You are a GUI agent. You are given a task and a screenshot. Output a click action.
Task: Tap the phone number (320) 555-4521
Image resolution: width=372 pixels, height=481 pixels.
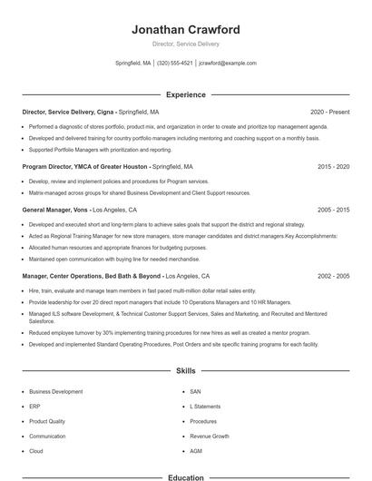tap(175, 64)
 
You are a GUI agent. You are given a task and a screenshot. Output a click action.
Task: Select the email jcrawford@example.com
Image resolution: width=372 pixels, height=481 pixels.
tap(228, 64)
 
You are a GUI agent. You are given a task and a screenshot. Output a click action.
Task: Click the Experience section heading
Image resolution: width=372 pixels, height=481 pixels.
tap(186, 94)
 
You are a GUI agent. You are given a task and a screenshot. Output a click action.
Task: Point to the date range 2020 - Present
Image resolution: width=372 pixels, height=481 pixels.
tap(329, 112)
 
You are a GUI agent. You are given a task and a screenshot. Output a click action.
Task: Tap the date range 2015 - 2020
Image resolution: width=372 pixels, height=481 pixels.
tap(334, 167)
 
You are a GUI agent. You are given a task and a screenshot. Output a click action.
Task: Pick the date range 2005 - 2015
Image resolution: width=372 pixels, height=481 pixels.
tap(334, 209)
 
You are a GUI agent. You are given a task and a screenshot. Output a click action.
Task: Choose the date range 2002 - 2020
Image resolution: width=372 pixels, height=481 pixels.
tap(334, 275)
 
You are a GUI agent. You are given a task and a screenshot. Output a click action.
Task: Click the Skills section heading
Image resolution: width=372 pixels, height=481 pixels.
tap(186, 371)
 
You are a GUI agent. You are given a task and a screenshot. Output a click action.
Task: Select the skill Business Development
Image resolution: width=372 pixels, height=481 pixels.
tap(55, 391)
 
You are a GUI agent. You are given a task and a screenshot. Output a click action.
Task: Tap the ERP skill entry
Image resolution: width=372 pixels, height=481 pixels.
tap(34, 407)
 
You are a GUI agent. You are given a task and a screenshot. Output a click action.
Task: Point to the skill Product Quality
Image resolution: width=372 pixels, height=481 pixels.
tap(47, 421)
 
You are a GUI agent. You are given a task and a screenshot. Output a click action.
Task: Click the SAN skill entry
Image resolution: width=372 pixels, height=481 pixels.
tap(195, 391)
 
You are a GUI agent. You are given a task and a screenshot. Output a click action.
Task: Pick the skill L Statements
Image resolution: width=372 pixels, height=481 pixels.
tap(205, 407)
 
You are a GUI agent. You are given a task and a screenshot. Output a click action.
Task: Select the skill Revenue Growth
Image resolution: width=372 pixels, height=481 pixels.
tap(210, 436)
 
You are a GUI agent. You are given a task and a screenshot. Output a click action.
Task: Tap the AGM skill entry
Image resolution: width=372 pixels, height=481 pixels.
tap(196, 451)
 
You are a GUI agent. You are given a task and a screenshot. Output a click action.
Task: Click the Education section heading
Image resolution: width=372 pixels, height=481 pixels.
tap(186, 476)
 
